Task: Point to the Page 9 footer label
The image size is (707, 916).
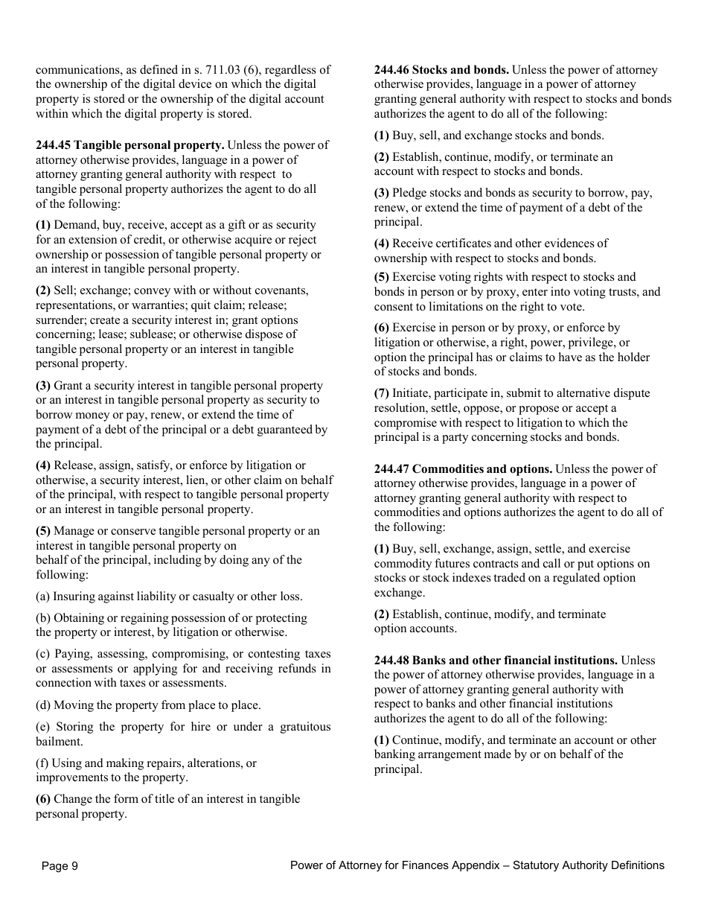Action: click(x=60, y=865)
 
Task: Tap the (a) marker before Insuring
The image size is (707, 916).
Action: click(x=43, y=597)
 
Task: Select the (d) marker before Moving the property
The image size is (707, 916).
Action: click(x=43, y=705)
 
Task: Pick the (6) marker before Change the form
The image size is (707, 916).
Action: click(x=43, y=799)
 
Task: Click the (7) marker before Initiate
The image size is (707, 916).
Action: click(x=382, y=393)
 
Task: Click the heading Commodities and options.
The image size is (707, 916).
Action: click(x=482, y=469)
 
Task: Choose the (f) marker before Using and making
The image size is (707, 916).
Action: click(x=42, y=763)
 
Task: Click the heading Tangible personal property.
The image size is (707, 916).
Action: click(x=149, y=145)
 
